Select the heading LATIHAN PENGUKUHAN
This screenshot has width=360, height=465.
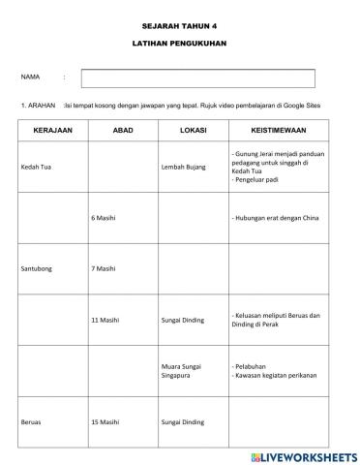[180, 45]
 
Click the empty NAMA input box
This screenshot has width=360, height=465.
[197, 78]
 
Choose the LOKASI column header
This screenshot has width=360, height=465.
[193, 129]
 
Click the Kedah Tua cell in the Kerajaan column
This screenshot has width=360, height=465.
[36, 168]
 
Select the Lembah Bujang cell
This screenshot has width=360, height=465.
[182, 168]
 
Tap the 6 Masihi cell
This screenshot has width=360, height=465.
[103, 218]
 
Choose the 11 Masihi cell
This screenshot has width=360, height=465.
[105, 319]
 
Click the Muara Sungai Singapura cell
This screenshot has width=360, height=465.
[184, 369]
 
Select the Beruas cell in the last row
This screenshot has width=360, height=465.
[31, 421]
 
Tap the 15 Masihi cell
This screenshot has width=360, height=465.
[105, 421]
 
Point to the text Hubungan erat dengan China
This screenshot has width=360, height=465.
[279, 218]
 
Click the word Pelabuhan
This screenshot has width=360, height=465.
[254, 366]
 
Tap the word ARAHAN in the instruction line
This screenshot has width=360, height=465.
[41, 105]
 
